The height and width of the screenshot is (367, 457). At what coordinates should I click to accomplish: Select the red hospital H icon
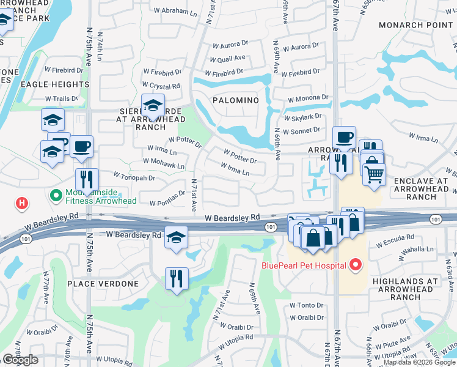(x=22, y=203)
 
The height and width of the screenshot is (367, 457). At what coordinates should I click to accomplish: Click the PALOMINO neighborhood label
(x=235, y=100)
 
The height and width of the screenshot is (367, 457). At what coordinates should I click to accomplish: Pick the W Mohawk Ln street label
(x=163, y=165)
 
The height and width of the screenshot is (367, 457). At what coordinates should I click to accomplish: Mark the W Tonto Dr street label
(x=305, y=305)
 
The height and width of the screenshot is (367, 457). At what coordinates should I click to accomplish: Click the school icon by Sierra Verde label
(x=153, y=105)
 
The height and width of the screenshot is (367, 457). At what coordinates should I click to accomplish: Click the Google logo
(x=20, y=360)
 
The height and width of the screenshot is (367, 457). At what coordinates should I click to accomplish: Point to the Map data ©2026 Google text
(x=419, y=362)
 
